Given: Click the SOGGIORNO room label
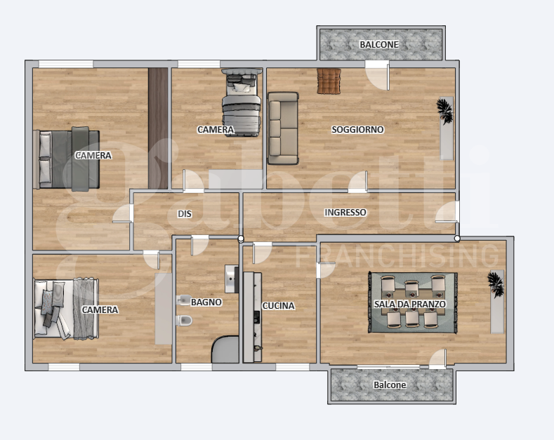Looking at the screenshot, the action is point(357,130).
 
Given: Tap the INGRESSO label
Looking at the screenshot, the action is point(345,212).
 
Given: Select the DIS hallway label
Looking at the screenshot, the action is point(185,213).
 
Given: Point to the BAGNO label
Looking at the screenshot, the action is point(206,302).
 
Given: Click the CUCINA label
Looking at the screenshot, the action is point(279,306).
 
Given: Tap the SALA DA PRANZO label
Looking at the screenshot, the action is point(410,304).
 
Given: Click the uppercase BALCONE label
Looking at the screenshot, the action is point(379,44).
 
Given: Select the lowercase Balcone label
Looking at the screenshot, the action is point(390,385).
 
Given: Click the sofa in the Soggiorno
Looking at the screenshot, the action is point(283,128).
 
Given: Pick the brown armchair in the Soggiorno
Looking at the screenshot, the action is point(329,81).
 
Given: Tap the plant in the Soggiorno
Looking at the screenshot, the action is point(444,111).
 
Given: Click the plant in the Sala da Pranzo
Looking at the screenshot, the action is point(495,284).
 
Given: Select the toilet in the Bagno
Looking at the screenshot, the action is point(184,321).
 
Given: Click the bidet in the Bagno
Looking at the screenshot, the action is point(184,300).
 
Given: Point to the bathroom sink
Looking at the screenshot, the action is point(232,279).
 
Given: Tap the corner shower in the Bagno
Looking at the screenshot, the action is point(226,349).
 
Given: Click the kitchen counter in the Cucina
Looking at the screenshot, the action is point(252,317).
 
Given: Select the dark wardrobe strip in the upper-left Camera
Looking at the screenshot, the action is point(158,128).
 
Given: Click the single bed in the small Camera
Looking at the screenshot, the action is point(242,102).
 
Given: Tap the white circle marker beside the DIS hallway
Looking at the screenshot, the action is point(241,239).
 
